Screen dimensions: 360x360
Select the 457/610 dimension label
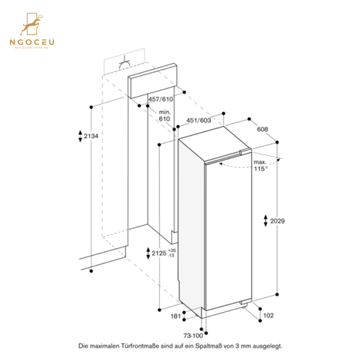(x=158, y=100)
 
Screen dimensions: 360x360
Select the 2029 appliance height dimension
(x=278, y=221)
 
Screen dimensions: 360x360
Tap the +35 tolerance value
(x=172, y=250)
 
